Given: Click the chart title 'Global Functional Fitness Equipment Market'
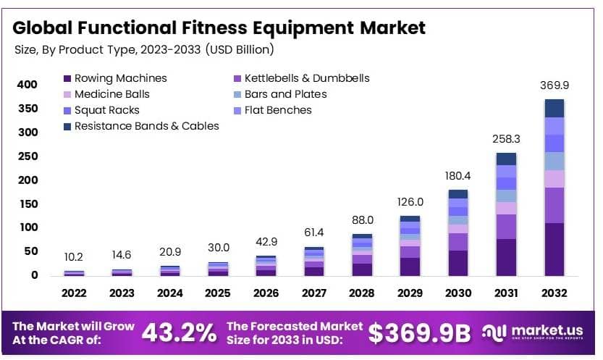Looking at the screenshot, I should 219,28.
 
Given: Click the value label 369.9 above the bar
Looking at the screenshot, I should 554,85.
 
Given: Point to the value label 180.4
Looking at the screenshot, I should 457,176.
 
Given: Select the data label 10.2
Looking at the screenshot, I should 74,256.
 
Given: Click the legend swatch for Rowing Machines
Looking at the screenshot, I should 67,78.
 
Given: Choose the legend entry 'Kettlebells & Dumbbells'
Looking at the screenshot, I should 307,78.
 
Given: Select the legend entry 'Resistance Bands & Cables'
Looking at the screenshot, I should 146,126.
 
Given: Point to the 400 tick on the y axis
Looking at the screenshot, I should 28,85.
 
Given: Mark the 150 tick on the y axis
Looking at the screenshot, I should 28,204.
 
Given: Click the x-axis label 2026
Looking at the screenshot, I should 266,293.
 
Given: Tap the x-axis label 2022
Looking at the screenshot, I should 74,293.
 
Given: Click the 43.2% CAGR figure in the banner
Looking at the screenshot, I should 178,332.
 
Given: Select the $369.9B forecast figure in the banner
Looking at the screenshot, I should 419,332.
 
